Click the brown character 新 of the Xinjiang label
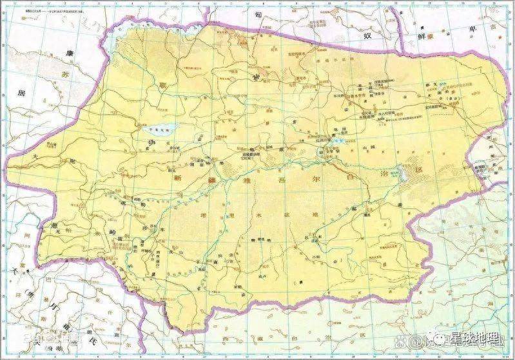pos(179,178)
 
